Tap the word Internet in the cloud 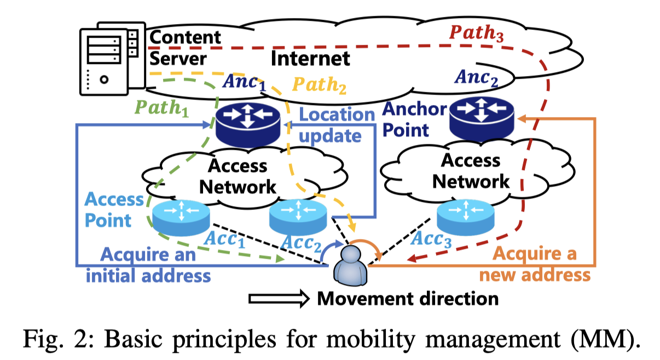tap(310, 58)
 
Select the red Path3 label tap(476, 34)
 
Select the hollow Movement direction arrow tap(279, 299)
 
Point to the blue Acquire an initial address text tap(148, 264)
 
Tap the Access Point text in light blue tap(114, 209)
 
